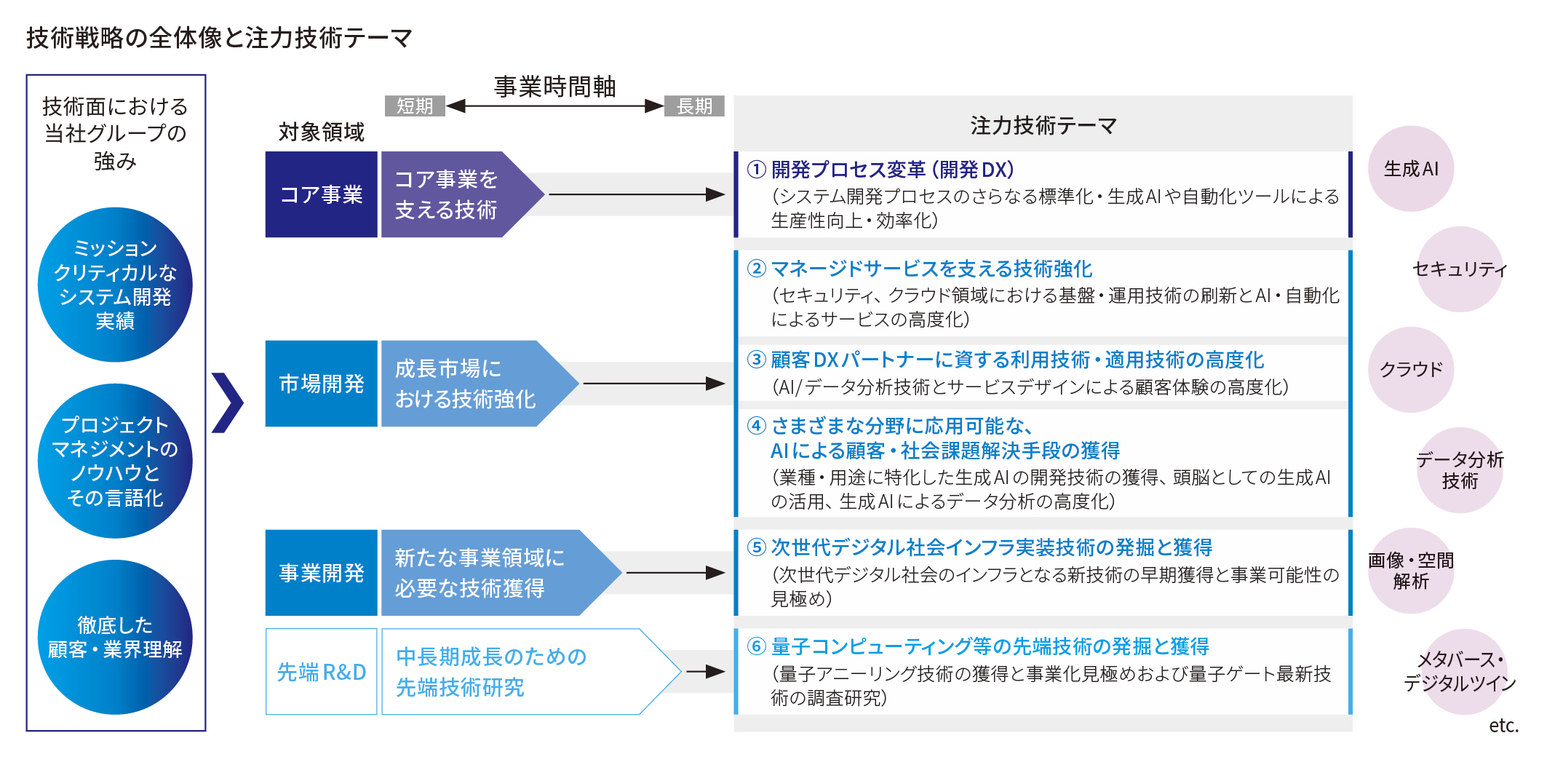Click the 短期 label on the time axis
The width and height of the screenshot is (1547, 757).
(x=415, y=106)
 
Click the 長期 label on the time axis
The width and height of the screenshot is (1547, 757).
(x=694, y=106)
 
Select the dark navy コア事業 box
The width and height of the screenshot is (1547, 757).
(x=321, y=194)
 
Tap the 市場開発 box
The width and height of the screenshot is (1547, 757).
(x=321, y=384)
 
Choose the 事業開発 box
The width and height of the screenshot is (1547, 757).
(x=321, y=573)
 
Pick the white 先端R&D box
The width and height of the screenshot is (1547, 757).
(x=321, y=672)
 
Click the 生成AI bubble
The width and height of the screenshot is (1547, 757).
(x=1411, y=169)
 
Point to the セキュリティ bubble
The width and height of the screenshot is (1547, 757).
(x=1460, y=269)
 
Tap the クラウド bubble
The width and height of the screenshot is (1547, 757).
(x=1411, y=370)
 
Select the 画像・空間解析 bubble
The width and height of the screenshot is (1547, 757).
(x=1411, y=571)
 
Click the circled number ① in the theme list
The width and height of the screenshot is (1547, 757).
(x=757, y=170)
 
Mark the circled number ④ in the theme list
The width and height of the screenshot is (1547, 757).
(x=757, y=426)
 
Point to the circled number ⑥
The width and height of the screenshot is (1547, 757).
(x=757, y=646)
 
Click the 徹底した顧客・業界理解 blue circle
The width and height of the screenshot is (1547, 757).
(x=115, y=637)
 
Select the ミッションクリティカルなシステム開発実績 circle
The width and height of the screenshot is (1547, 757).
(x=115, y=285)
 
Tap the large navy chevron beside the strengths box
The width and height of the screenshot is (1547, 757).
(x=227, y=403)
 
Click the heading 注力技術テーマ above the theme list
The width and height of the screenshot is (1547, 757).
(x=1043, y=126)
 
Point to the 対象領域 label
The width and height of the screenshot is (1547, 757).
(x=321, y=132)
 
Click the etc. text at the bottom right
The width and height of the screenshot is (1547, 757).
(x=1503, y=726)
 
